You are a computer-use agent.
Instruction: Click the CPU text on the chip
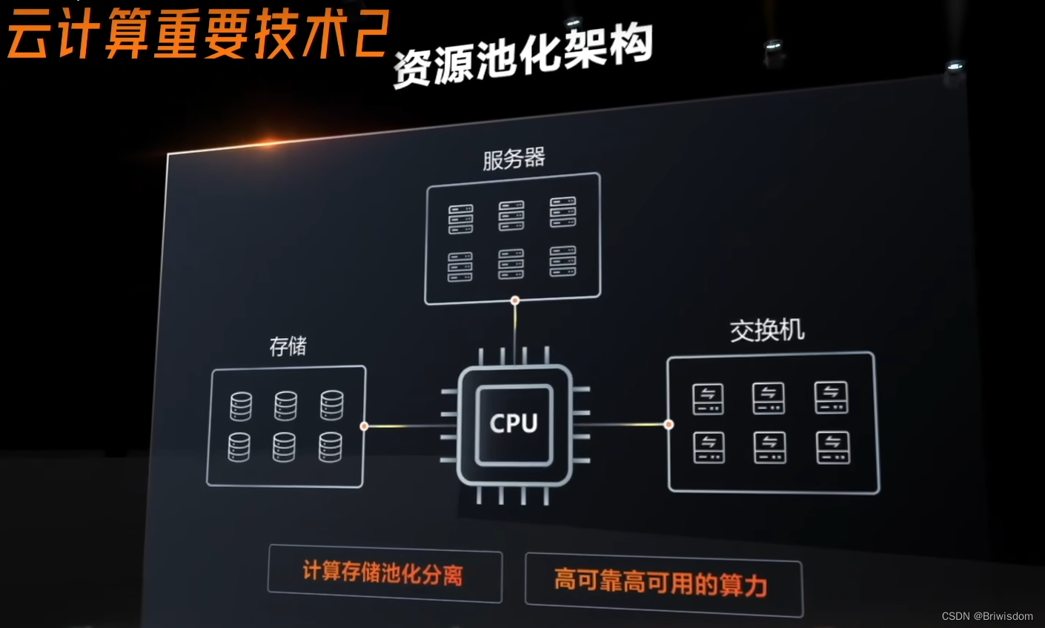(x=514, y=423)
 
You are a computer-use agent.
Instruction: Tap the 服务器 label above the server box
(x=514, y=158)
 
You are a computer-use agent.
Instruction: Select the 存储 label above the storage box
(x=288, y=346)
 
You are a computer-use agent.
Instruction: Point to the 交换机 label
(x=767, y=330)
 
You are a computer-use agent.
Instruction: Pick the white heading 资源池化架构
(x=522, y=56)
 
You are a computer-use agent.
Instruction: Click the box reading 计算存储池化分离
(x=384, y=573)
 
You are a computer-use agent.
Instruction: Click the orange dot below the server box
(x=515, y=300)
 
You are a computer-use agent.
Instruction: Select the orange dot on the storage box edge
(x=364, y=426)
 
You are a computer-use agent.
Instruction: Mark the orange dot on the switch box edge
(x=669, y=425)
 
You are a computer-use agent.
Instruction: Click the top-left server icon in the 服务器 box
(x=460, y=219)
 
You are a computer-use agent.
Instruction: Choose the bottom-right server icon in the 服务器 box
(x=563, y=261)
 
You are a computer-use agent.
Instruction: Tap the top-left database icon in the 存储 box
(x=241, y=406)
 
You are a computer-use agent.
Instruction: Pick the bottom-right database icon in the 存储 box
(x=331, y=446)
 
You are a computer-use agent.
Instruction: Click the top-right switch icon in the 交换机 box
(x=832, y=397)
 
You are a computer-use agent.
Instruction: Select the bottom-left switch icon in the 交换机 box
(x=709, y=447)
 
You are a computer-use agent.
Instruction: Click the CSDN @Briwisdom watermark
(x=987, y=616)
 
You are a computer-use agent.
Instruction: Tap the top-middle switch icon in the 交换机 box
(x=769, y=398)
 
